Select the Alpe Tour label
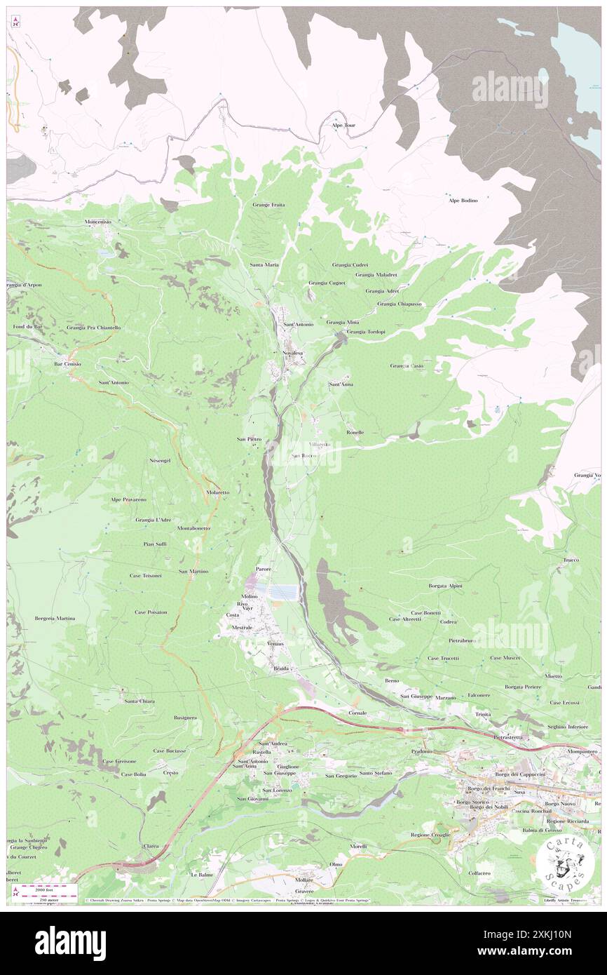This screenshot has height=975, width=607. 344,126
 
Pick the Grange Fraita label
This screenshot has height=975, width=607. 268,204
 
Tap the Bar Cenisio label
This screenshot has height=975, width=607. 68,364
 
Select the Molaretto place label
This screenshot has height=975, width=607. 218,492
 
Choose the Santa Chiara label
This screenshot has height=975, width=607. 139,701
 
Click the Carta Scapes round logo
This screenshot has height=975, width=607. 564,865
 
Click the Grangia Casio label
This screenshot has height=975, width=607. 407,365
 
